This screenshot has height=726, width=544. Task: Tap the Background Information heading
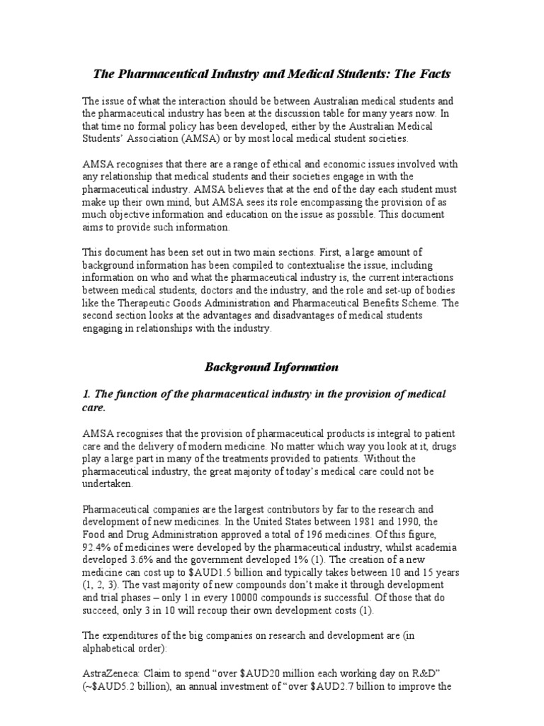pos(271,367)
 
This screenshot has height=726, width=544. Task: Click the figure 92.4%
pos(100,548)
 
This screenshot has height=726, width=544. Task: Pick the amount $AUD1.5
pos(202,574)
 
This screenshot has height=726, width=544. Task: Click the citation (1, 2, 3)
pos(103,586)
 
